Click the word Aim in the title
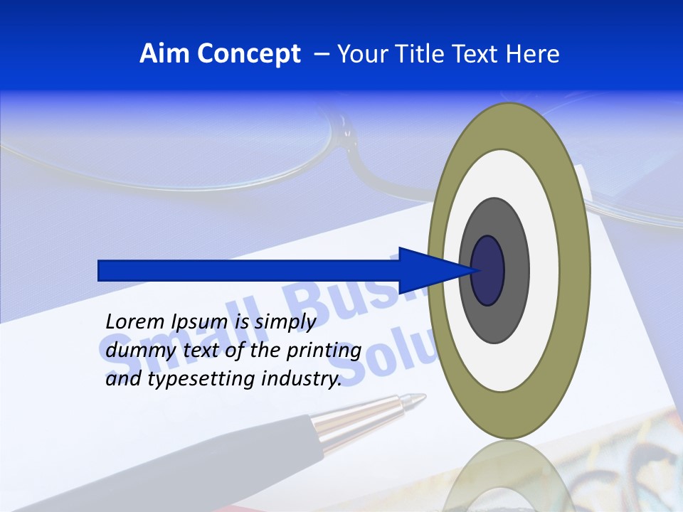tap(164, 54)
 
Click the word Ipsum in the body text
tap(200, 322)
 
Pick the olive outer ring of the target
tap(575, 271)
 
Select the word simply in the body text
tap(285, 322)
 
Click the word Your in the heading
tap(362, 54)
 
